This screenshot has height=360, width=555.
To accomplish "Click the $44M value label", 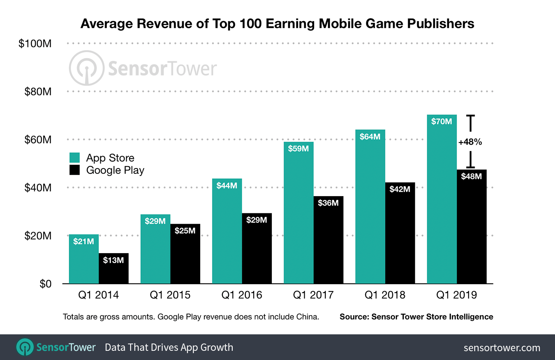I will click(227, 186).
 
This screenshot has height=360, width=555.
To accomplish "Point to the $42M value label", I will click(400, 189).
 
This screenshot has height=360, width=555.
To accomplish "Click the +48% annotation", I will click(470, 142).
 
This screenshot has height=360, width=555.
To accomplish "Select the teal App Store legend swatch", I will click(75, 158).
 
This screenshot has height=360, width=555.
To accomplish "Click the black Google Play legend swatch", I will click(75, 170).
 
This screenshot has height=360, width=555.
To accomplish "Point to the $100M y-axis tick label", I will click(35, 44).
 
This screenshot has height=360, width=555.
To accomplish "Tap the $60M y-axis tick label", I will click(38, 140).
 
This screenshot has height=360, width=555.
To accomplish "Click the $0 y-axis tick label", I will click(45, 284).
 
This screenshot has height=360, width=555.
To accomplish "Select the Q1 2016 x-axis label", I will click(242, 295).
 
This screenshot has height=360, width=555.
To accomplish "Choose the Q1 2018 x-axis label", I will click(385, 295).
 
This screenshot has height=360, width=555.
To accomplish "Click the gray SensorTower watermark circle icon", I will click(87, 68).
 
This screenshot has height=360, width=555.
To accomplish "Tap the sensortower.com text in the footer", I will click(502, 348).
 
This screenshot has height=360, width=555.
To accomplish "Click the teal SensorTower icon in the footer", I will click(25, 347).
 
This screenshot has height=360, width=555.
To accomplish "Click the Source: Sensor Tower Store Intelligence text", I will click(416, 317).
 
